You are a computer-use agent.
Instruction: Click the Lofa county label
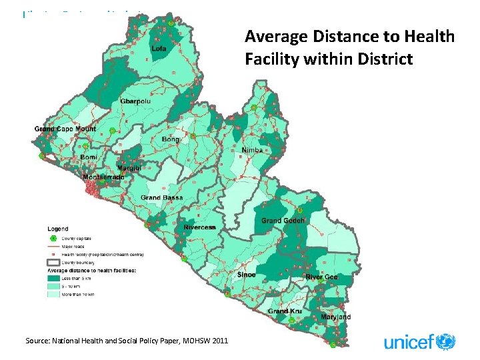[x=159, y=49]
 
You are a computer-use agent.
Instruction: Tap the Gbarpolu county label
[x=135, y=101]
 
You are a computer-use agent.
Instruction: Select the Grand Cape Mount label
[x=65, y=129]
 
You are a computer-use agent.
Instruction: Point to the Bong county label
[x=170, y=139]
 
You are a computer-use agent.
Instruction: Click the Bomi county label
[x=89, y=157]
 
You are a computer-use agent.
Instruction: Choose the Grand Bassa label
[x=160, y=198]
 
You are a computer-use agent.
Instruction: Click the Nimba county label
[x=253, y=150]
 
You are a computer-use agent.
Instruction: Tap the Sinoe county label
[x=246, y=274]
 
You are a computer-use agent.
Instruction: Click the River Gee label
[x=321, y=277]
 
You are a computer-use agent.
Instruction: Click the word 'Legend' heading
[x=57, y=229]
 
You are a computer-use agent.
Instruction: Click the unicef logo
[x=419, y=342]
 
